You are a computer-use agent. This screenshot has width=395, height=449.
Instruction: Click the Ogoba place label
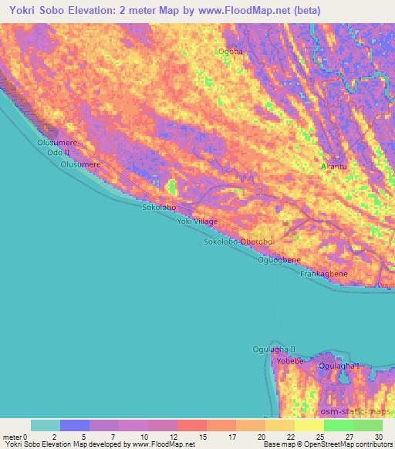click(230, 52)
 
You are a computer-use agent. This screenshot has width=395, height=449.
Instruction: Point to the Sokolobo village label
click(159, 208)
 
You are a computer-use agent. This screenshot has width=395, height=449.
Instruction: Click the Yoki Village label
click(197, 221)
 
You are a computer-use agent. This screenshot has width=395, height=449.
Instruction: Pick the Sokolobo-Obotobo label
click(238, 241)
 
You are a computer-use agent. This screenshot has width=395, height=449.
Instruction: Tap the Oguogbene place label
click(279, 260)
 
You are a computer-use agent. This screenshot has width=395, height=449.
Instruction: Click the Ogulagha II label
click(274, 349)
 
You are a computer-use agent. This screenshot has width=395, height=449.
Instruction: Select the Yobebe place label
click(290, 360)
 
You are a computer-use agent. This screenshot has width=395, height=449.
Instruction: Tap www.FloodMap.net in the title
click(233, 11)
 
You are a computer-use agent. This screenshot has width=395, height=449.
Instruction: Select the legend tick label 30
click(378, 436)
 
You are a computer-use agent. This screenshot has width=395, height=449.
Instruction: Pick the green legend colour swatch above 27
click(338, 425)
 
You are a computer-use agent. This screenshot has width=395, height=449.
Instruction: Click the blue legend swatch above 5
click(75, 425)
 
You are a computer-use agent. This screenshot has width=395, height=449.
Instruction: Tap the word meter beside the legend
click(12, 436)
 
